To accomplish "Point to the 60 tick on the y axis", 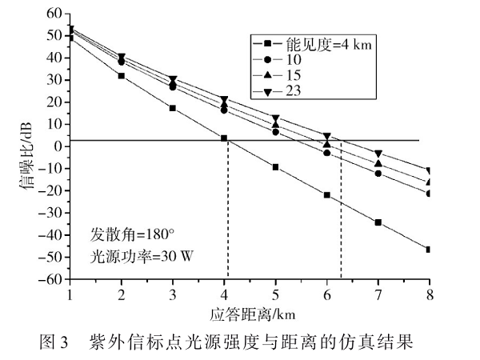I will [x=54, y=14].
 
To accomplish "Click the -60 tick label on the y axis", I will [x=51, y=280].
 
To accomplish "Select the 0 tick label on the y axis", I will [x=58, y=146].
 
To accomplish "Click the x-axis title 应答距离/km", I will [x=250, y=312].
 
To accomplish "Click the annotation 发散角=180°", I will [x=129, y=238].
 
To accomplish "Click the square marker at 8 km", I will [x=430, y=249].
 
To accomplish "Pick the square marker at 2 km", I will [x=121, y=76].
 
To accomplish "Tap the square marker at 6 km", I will [x=326, y=194].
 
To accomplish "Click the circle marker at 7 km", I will [x=378, y=174].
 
